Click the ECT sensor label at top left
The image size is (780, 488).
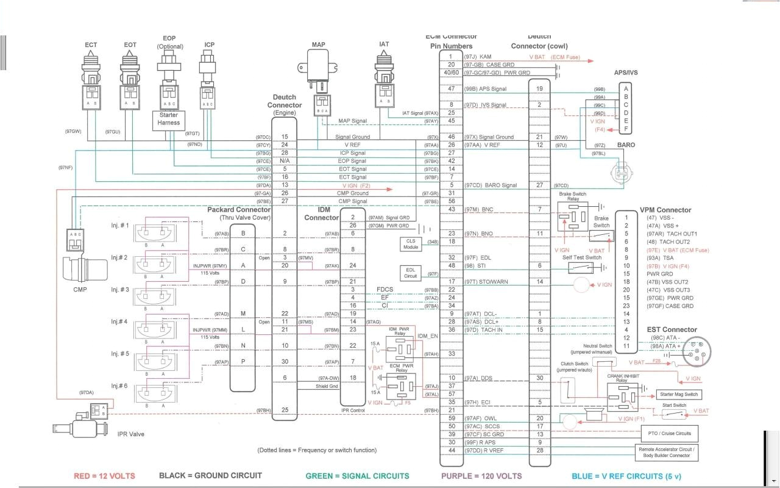point(91,45)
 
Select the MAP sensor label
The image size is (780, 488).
point(318,45)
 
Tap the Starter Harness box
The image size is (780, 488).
point(169,119)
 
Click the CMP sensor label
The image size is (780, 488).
point(80,289)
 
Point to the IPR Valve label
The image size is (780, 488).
point(131,434)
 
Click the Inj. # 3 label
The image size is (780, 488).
point(120,289)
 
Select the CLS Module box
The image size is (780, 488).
point(411,244)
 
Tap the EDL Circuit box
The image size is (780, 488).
point(411,273)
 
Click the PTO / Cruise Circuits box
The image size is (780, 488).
point(667,434)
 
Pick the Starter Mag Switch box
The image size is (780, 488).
point(679,395)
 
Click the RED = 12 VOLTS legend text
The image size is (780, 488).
point(104,476)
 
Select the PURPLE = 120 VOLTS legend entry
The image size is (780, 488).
point(481,476)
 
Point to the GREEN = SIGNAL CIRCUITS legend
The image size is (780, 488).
point(357,476)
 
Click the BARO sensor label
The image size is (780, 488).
point(626,145)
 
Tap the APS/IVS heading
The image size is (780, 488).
point(626,73)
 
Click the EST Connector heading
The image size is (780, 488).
point(671,329)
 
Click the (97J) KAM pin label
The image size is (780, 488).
point(478,57)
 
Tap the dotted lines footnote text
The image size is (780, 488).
point(317,450)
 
